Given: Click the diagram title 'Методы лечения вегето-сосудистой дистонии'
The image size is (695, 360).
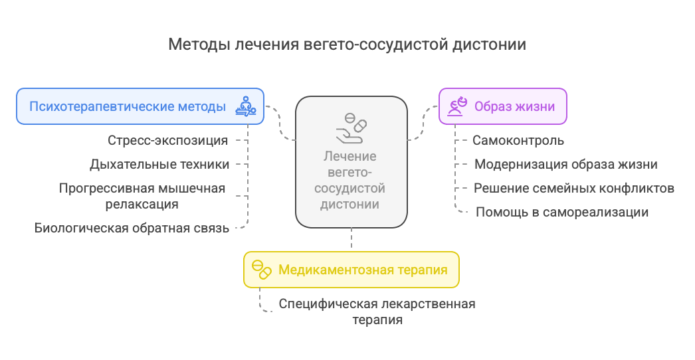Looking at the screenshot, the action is point(347,45).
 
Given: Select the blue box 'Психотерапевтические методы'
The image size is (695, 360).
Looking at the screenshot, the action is point(140,106).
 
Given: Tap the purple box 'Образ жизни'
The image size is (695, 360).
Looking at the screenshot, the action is point(502,106).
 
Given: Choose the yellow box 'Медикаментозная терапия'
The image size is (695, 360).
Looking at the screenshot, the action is point(351,270).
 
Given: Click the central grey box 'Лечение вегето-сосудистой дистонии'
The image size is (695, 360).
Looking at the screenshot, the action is point(351,162).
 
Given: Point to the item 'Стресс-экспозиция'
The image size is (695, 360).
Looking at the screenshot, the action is point(167,141).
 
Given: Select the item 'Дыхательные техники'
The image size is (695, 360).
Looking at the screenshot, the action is point(159,165).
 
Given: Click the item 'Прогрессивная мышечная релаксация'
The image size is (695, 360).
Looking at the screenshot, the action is point(142,196).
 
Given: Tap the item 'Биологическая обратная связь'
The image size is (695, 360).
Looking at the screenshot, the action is point(132,228).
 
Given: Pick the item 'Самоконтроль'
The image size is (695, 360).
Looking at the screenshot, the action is point(518,141).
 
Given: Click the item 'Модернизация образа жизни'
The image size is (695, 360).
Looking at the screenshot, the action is point(566,165).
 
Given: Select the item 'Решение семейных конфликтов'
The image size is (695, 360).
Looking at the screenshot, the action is point(574,189).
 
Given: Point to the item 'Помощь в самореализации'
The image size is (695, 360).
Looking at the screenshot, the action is point(562,212).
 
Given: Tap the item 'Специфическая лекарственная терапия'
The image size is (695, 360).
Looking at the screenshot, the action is point(377,312).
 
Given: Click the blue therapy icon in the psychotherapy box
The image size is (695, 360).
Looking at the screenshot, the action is point(246,106).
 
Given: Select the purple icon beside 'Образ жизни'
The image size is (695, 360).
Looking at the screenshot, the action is point(457,106).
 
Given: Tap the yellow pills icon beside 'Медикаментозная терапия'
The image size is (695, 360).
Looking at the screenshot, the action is point(262,270).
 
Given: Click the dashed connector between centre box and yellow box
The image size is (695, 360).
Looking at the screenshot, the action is point(351,240).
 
